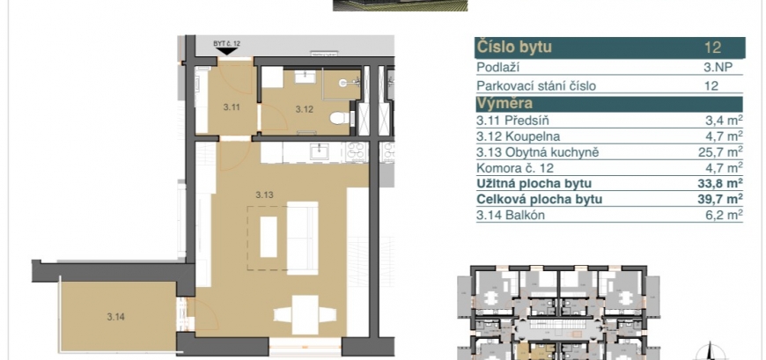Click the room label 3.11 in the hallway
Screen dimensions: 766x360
pyautogui.click(x=232, y=108)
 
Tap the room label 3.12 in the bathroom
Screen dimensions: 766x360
pyautogui.click(x=305, y=109)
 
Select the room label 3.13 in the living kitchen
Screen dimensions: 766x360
pyautogui.click(x=264, y=195)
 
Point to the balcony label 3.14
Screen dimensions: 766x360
pyautogui.click(x=115, y=317)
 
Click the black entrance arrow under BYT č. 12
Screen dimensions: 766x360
pyautogui.click(x=226, y=51)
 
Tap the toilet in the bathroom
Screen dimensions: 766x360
pyautogui.click(x=340, y=118)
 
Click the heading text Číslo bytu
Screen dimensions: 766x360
pyautogui.click(x=514, y=48)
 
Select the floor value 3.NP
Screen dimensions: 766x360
pyautogui.click(x=718, y=68)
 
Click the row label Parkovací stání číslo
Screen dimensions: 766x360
pyautogui.click(x=536, y=86)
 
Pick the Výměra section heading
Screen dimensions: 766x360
pyautogui.click(x=505, y=104)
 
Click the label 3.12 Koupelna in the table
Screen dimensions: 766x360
pyautogui.click(x=519, y=136)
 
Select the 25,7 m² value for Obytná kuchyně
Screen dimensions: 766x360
pyautogui.click(x=720, y=152)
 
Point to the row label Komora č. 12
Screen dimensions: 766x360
pyautogui.click(x=516, y=168)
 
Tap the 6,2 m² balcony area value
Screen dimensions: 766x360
pyautogui.click(x=726, y=215)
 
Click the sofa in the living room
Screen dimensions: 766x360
pyautogui.click(x=302, y=238)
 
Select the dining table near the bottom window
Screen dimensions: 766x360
pyautogui.click(x=306, y=314)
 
